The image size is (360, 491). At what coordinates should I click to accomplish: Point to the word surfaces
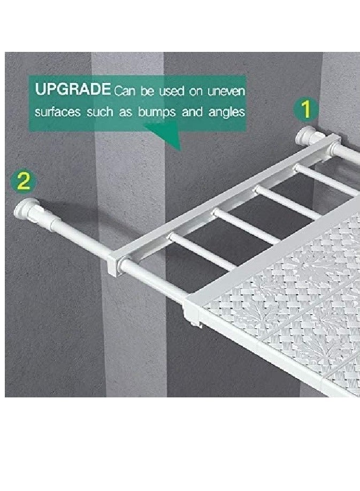59,112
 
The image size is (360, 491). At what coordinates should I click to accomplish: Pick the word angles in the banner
225,113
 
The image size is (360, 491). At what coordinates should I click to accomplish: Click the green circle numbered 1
305,110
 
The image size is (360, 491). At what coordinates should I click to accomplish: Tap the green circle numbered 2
22,181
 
